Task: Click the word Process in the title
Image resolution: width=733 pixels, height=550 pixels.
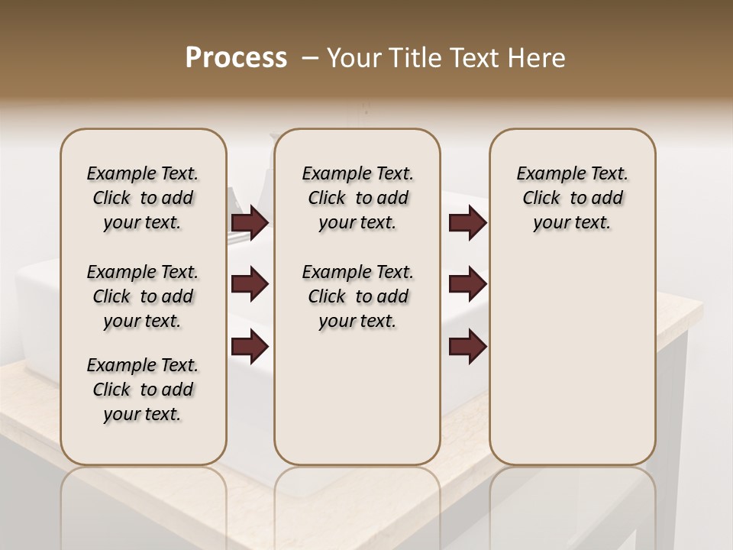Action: (x=236, y=58)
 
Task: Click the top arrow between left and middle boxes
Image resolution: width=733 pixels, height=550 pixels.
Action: (x=250, y=222)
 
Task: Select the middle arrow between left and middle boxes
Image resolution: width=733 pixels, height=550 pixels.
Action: (x=250, y=284)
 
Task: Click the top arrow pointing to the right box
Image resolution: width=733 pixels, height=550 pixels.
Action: (x=467, y=222)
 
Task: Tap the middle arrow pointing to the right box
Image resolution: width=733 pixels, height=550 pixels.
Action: (x=467, y=284)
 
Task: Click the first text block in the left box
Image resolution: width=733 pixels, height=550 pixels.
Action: (x=143, y=198)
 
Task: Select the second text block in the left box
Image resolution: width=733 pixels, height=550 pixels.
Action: (x=143, y=296)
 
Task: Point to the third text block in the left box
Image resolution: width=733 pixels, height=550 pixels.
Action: (x=143, y=390)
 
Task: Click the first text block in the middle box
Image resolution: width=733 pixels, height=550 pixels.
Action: (x=358, y=198)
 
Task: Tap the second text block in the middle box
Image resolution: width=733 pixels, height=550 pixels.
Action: (x=358, y=296)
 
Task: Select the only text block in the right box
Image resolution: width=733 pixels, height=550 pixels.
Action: (x=573, y=198)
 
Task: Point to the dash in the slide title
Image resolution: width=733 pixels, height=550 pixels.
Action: (x=310, y=58)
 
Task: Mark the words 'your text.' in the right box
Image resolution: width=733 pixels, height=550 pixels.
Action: (x=573, y=222)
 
